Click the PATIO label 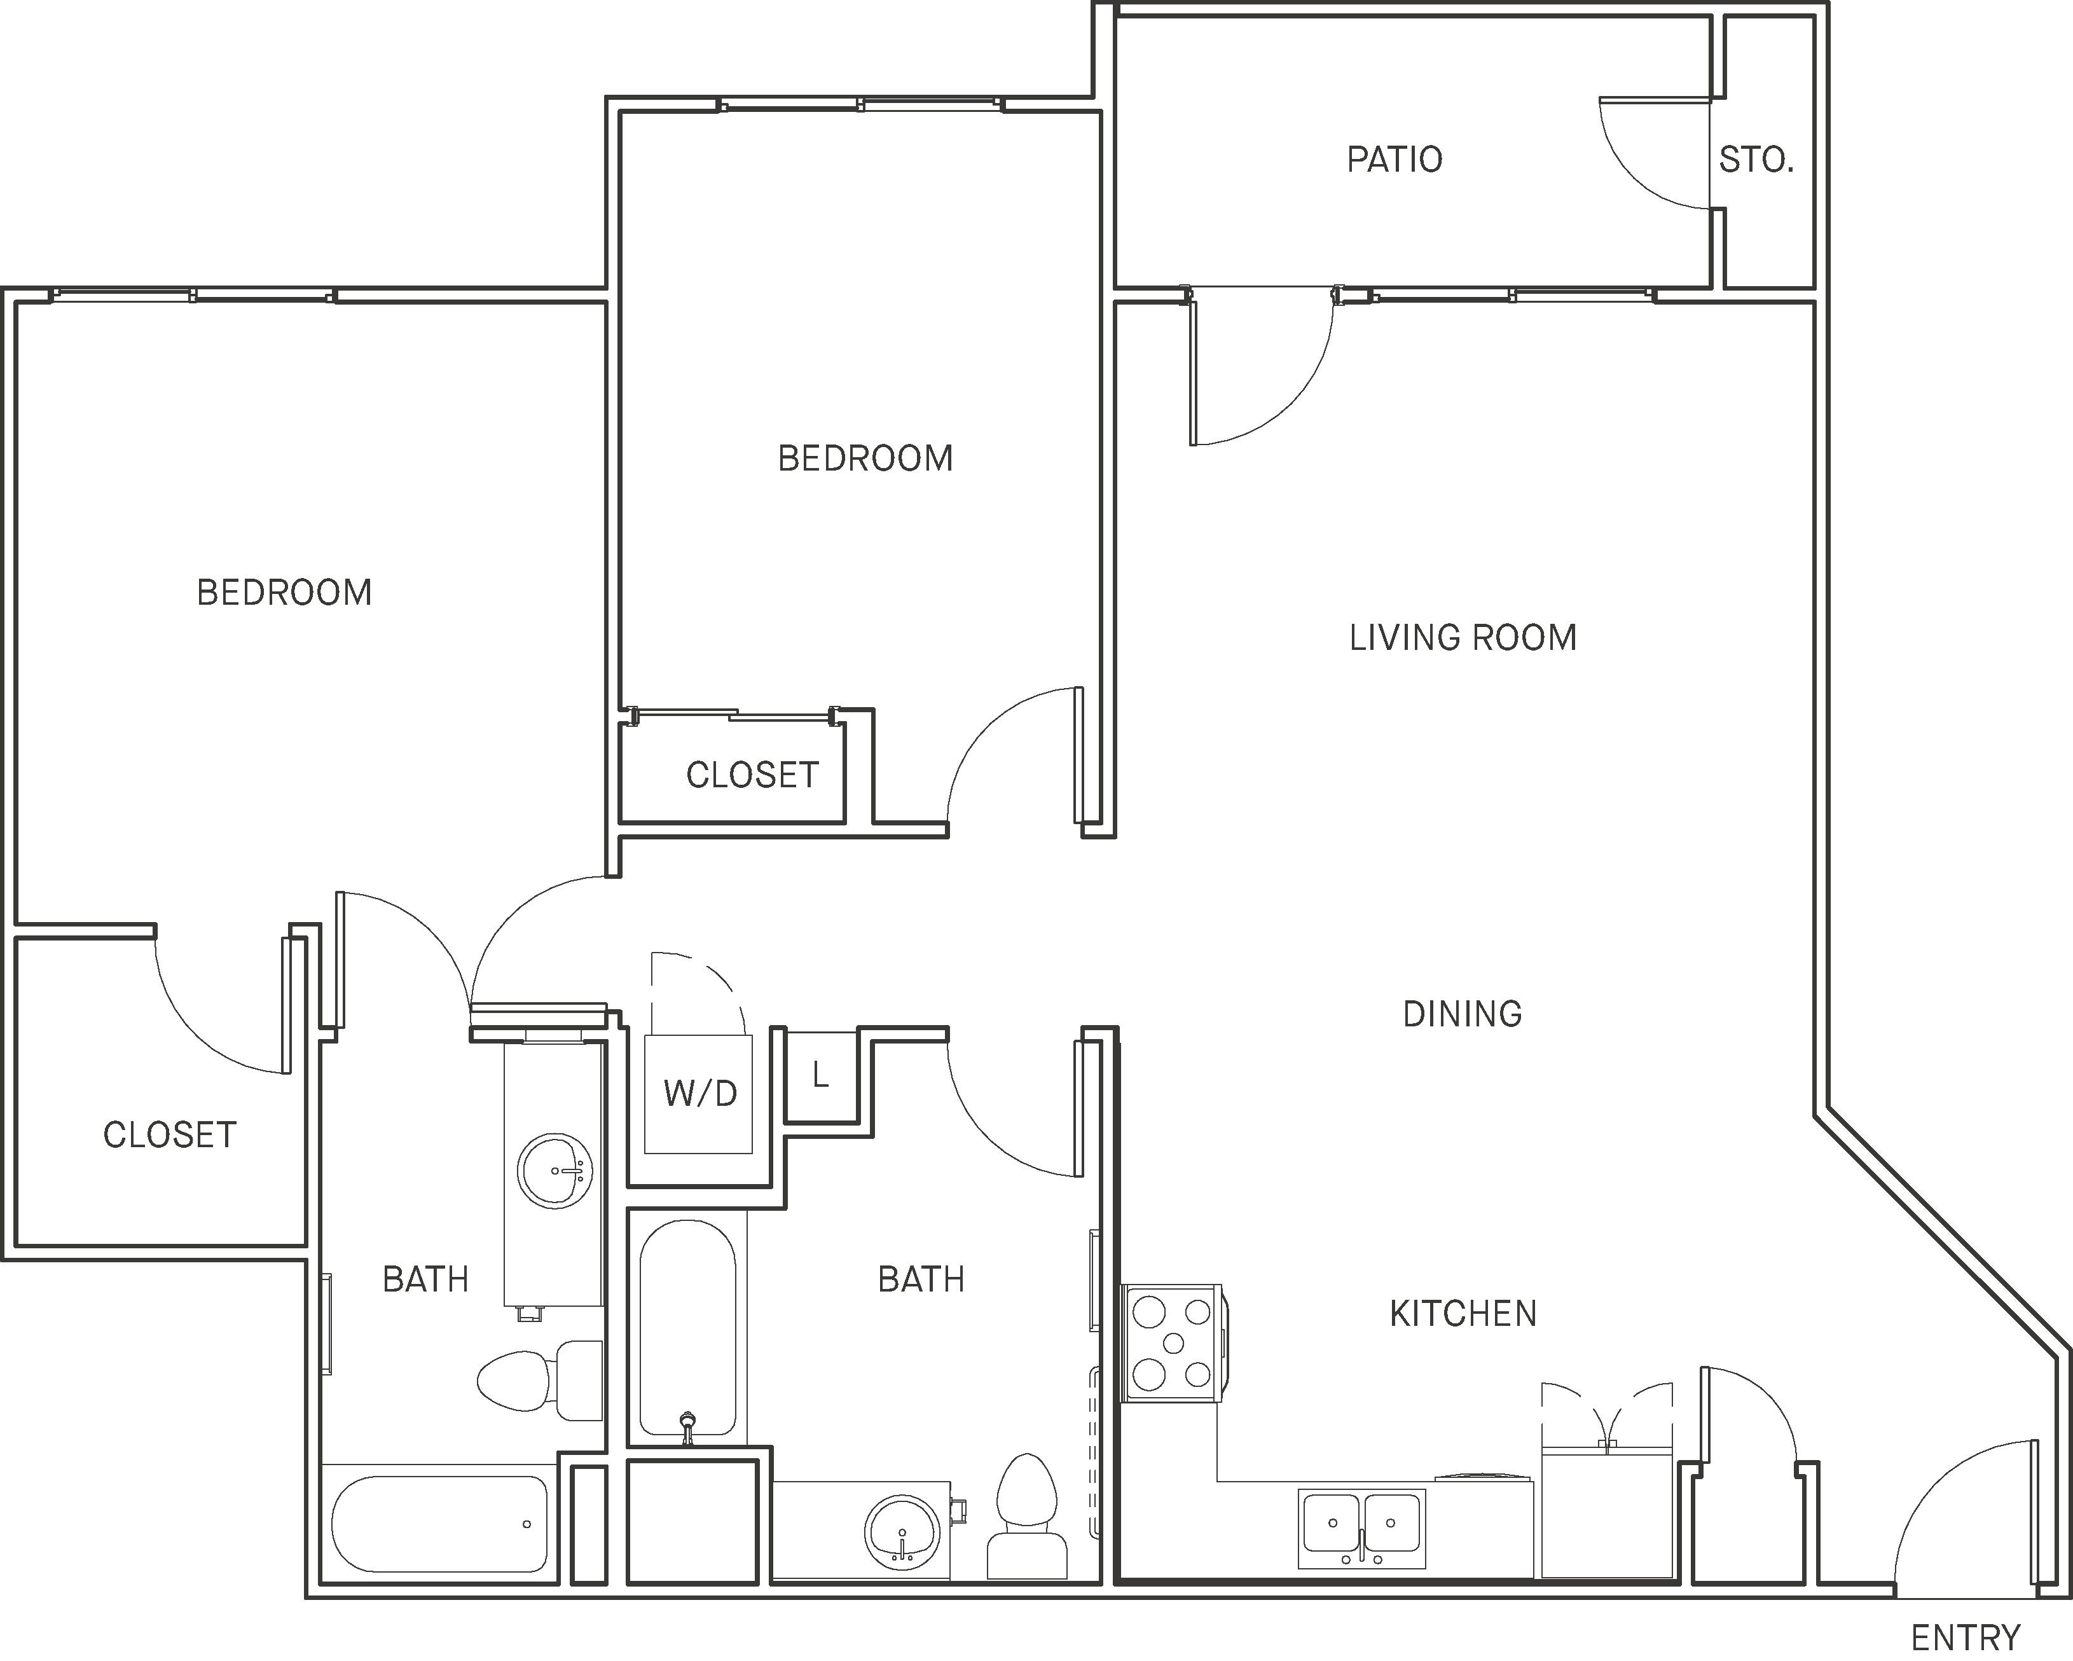coord(1394,160)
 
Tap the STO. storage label coord(1757,160)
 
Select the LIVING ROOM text coord(1463,638)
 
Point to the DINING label coord(1463,1014)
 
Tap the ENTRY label coord(1966,1636)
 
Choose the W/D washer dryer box coord(699,1094)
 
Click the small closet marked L coord(821,1075)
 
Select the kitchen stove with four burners coord(1172,1342)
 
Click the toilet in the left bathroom coord(539,1379)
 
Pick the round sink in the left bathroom coord(554,1171)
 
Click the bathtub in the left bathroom coord(439,1524)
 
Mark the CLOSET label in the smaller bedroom coord(752,775)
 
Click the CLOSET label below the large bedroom coord(169,1135)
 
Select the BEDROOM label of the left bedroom coord(284,593)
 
